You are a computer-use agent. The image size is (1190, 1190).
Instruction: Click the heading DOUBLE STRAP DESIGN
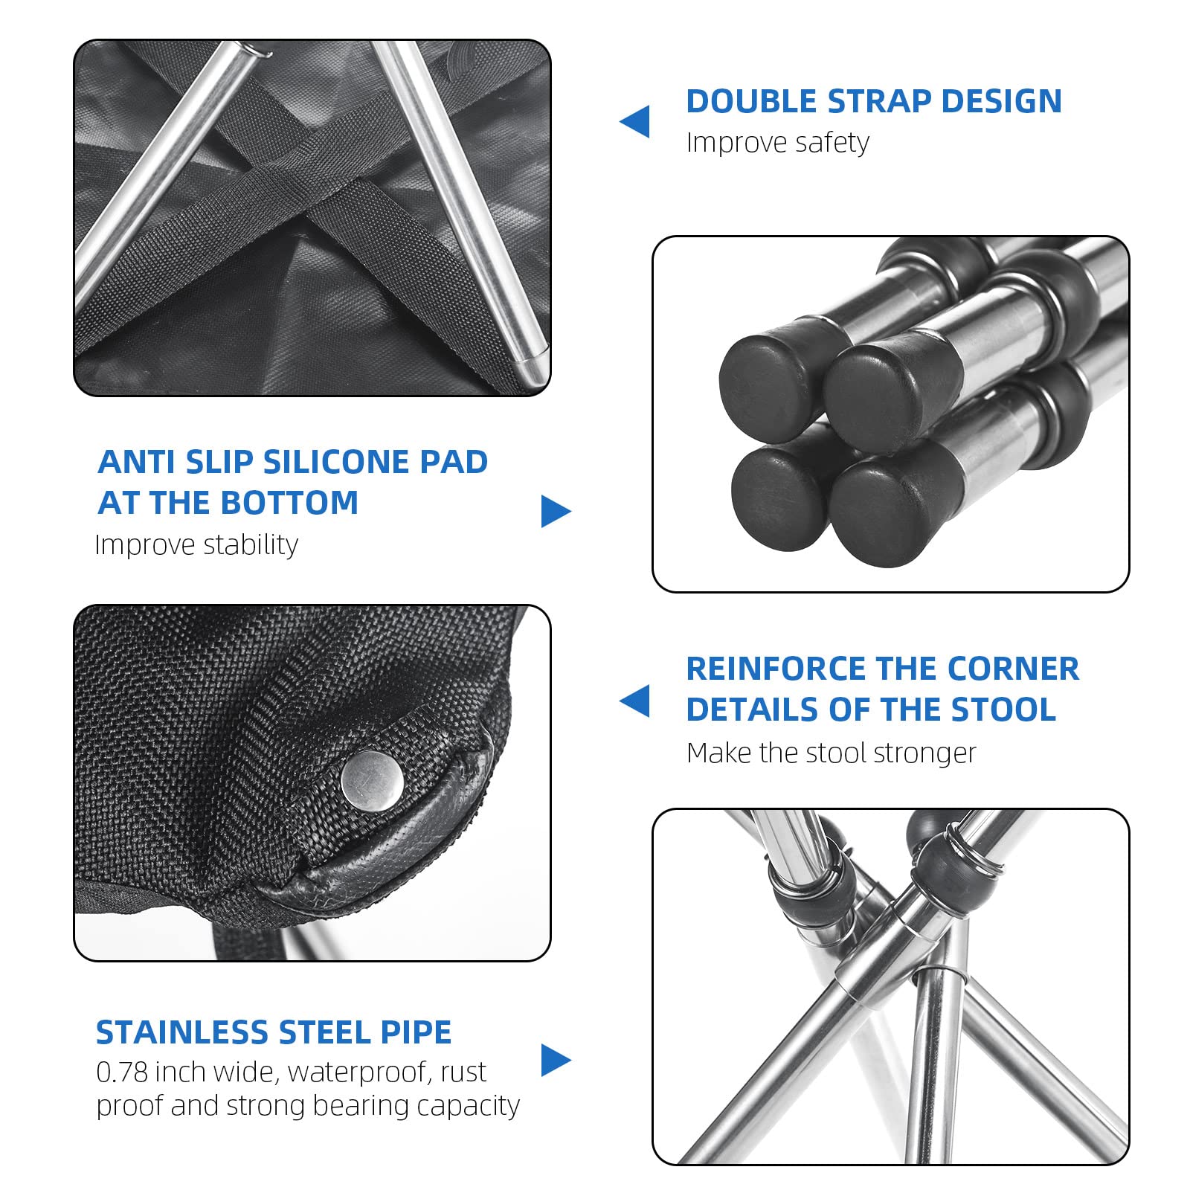[x=874, y=101]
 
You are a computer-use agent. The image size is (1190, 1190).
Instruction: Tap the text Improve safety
[x=777, y=142]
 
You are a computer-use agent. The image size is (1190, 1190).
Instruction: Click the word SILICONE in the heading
[x=337, y=462]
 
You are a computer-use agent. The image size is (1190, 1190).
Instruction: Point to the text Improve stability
[x=196, y=545]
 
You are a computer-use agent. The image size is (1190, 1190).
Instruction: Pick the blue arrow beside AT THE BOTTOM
[x=556, y=511]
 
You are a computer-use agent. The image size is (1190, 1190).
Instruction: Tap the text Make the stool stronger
[x=831, y=753]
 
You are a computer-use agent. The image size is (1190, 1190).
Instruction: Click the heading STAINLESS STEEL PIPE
[x=274, y=1032]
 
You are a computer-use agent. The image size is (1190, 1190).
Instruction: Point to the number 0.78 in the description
[x=121, y=1072]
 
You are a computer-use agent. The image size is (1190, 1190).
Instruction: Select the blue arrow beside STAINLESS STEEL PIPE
[x=556, y=1060]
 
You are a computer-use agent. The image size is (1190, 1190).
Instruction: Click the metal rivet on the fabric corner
[x=373, y=781]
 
